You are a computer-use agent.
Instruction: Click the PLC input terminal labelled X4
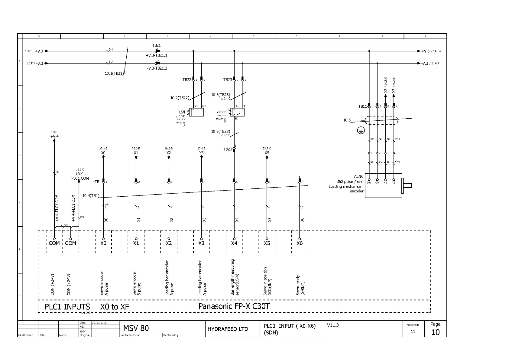pyautogui.click(x=234, y=243)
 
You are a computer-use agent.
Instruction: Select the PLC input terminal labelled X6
pyautogui.click(x=300, y=243)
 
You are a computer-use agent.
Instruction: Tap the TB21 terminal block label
pyautogui.click(x=156, y=45)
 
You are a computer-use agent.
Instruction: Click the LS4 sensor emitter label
pyautogui.click(x=182, y=112)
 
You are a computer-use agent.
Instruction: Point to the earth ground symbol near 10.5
pyautogui.click(x=361, y=130)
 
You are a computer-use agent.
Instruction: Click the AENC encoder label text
pyautogui.click(x=359, y=176)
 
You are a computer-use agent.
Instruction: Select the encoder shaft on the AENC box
pyautogui.click(x=407, y=185)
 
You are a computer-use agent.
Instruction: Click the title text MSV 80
pyautogui.click(x=136, y=328)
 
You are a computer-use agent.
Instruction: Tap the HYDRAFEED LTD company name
pyautogui.click(x=228, y=329)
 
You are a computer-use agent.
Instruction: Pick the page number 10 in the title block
pyautogui.click(x=435, y=332)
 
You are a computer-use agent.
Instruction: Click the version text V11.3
pyautogui.click(x=333, y=325)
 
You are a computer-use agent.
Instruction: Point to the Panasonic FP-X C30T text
pyautogui.click(x=234, y=306)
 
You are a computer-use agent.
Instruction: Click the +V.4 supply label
pyautogui.click(x=54, y=136)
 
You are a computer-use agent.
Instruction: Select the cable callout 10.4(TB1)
pyautogui.click(x=91, y=195)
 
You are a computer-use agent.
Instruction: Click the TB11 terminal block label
pyautogui.click(x=362, y=106)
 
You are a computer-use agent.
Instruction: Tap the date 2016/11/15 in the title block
pyautogui.click(x=99, y=323)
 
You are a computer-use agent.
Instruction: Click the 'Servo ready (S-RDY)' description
pyautogui.click(x=300, y=285)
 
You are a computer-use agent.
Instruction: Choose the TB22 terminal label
pyautogui.click(x=186, y=80)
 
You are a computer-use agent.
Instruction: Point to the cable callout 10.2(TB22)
pyautogui.click(x=180, y=98)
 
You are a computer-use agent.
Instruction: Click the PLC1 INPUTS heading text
pyautogui.click(x=67, y=307)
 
